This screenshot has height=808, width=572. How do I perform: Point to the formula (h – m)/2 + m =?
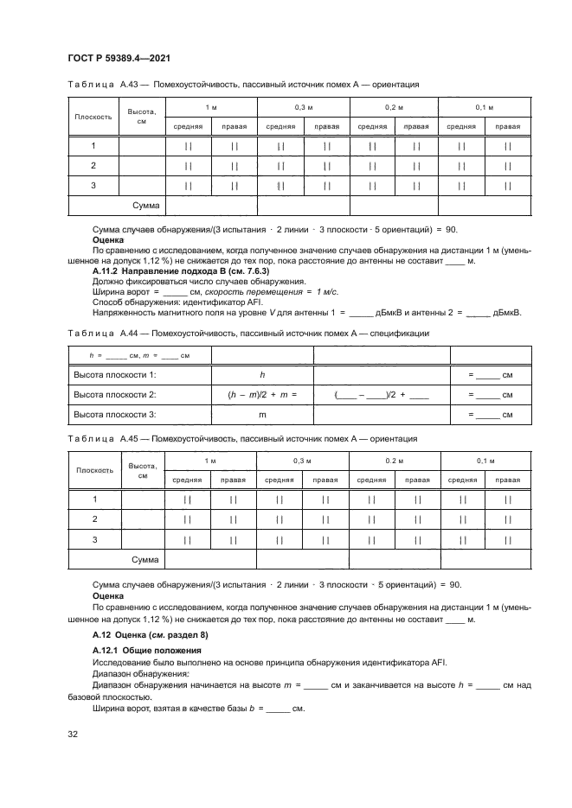[261, 394]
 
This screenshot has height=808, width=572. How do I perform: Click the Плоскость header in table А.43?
[93, 116]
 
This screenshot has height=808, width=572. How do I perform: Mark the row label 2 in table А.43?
[93, 165]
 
